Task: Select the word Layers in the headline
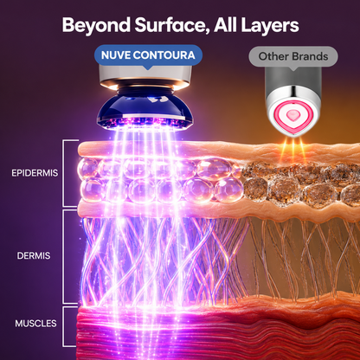coord(270,26)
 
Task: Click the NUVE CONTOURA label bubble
coord(148,55)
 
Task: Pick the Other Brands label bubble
coord(293,57)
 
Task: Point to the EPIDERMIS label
coord(35,173)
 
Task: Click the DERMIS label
coord(34,255)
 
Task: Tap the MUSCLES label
coord(35,324)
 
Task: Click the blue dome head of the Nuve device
coord(145,111)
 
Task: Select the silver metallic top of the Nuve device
coord(145,76)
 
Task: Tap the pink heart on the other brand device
coord(292,114)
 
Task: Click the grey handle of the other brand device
coord(293,77)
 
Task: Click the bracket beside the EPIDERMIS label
coord(64,173)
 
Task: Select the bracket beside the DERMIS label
coord(64,257)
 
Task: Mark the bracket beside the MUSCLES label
coord(64,326)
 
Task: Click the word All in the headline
coord(226,25)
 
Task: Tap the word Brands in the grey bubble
coord(310,56)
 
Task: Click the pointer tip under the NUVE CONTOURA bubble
coord(148,69)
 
